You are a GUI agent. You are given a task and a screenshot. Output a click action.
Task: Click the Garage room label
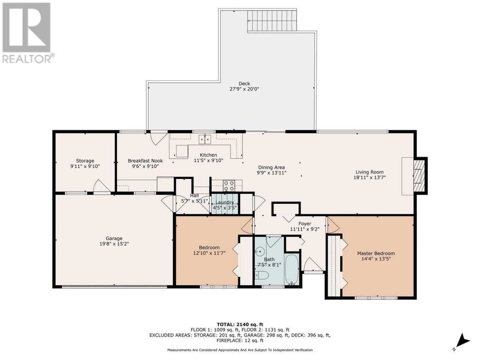point(114,238)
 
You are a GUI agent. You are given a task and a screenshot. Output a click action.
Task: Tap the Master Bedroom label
point(376,253)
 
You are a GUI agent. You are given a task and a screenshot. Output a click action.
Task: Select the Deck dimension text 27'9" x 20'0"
point(244,89)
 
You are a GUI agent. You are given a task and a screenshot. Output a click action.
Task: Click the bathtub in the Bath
point(292,269)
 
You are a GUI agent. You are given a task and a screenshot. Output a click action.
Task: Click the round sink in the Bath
point(259,252)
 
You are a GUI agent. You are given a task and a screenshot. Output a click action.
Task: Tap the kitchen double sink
point(205,139)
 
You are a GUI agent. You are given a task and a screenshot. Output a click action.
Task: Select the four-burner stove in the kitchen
point(229,186)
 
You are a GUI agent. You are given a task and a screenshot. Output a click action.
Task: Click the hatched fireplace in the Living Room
point(419,176)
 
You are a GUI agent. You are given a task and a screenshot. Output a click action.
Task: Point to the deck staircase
point(272,21)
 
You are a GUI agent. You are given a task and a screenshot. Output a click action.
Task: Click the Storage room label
point(85,160)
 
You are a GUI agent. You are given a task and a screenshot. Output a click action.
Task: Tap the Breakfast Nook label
point(145,160)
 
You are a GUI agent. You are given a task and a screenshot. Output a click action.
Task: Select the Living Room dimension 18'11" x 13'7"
point(370,177)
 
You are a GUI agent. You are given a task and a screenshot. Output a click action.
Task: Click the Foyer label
point(305,223)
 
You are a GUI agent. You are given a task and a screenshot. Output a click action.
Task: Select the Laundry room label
point(225,202)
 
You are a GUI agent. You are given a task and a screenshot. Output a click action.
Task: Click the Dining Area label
point(271,167)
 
